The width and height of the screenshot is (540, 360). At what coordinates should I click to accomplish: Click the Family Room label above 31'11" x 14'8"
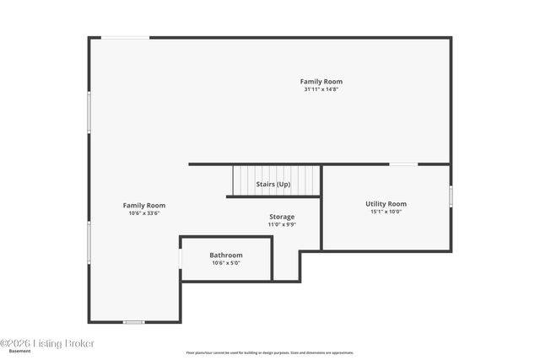click(x=321, y=82)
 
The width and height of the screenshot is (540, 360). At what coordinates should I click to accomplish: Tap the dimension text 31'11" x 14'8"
click(x=321, y=89)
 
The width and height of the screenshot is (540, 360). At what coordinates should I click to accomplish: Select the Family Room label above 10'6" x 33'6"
click(x=144, y=206)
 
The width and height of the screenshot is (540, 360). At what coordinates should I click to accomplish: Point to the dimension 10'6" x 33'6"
click(x=144, y=213)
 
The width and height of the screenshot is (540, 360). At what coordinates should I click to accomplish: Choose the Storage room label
click(x=282, y=217)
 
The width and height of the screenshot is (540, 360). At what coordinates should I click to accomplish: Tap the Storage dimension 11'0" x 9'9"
click(x=282, y=224)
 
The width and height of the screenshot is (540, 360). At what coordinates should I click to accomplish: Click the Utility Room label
click(x=386, y=204)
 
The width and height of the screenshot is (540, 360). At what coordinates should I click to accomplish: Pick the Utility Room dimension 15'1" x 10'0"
click(x=386, y=212)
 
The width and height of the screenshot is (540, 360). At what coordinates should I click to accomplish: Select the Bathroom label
click(x=226, y=255)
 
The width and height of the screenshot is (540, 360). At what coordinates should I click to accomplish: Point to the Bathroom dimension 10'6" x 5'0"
click(x=226, y=263)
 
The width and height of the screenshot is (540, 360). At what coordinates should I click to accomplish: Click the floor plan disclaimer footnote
click(x=270, y=352)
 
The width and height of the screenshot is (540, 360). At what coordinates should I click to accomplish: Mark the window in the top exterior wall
click(x=127, y=37)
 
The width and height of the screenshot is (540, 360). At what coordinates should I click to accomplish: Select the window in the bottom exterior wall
click(x=133, y=322)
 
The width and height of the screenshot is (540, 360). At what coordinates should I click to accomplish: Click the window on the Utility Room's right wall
click(x=451, y=196)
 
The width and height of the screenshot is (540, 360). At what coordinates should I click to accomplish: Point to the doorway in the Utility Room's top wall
click(x=402, y=164)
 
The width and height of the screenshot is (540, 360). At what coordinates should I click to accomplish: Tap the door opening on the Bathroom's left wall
click(x=181, y=256)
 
